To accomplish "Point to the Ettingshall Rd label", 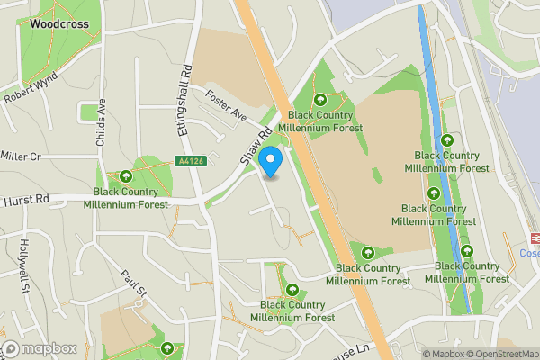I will point(183,99).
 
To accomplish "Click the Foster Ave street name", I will point(225,105).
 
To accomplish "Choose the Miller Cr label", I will point(21,157).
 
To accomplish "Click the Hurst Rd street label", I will point(24,201).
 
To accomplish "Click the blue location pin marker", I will point(271,161).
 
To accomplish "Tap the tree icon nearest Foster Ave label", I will point(320,99).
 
